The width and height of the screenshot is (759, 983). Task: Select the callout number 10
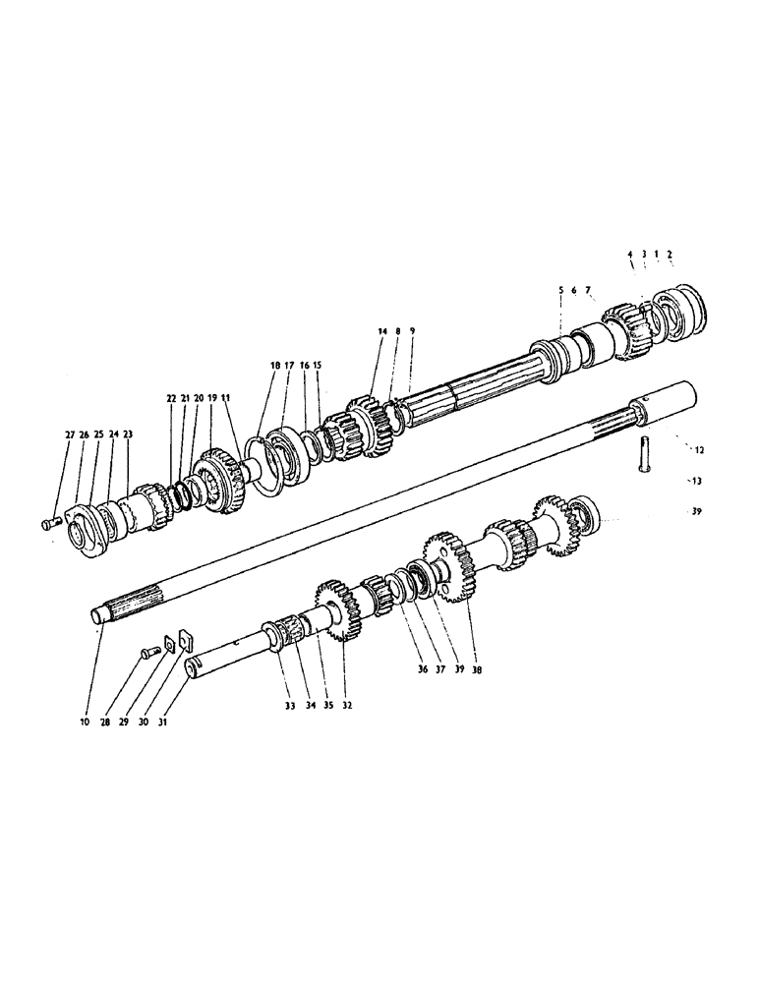click(x=86, y=722)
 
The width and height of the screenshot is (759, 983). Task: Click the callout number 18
click(x=273, y=365)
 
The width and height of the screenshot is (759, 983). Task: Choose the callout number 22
click(x=170, y=398)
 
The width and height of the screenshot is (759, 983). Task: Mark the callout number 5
click(x=560, y=290)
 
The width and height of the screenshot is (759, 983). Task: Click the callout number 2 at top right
click(x=670, y=254)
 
